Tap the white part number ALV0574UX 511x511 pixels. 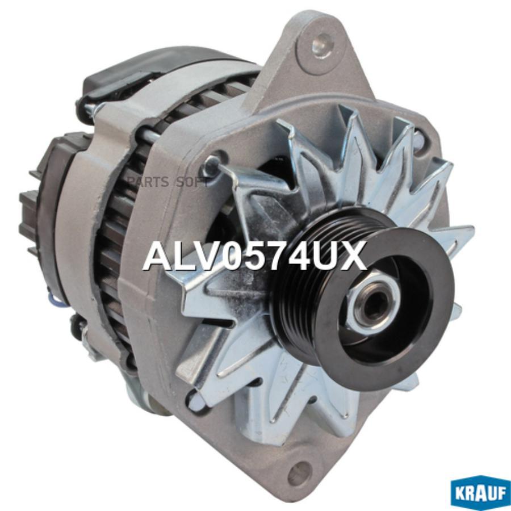pyautogui.click(x=254, y=257)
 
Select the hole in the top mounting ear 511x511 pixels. pyautogui.click(x=323, y=41)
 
